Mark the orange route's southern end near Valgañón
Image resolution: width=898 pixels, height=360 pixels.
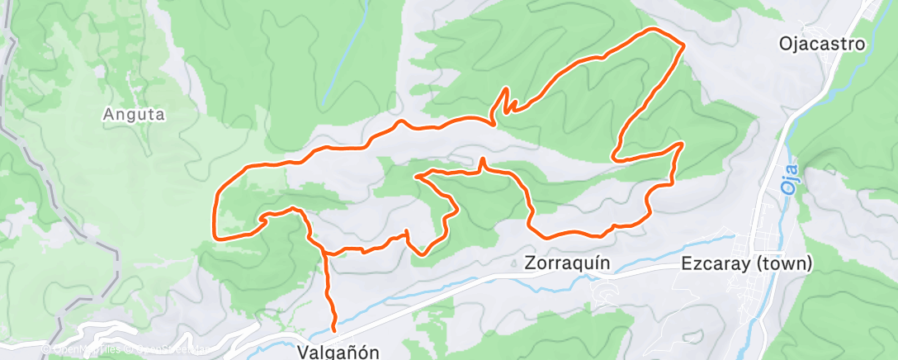tap(334, 329)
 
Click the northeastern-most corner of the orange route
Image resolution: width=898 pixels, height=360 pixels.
tap(683, 44)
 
